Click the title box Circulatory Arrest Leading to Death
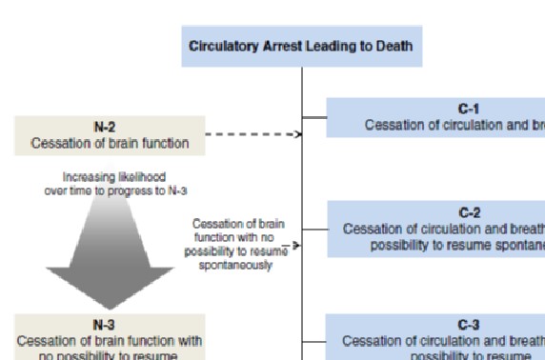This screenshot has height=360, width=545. pyautogui.click(x=301, y=47)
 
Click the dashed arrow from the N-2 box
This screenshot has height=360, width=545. pyautogui.click(x=252, y=134)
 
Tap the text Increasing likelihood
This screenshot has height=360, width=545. pyautogui.click(x=110, y=177)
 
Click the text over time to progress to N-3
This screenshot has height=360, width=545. pyautogui.click(x=110, y=191)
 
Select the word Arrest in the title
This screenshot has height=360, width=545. pyautogui.click(x=284, y=47)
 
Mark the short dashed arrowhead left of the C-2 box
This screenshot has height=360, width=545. pyautogui.click(x=295, y=245)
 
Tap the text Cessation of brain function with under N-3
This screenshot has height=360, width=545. pyautogui.click(x=110, y=340)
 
